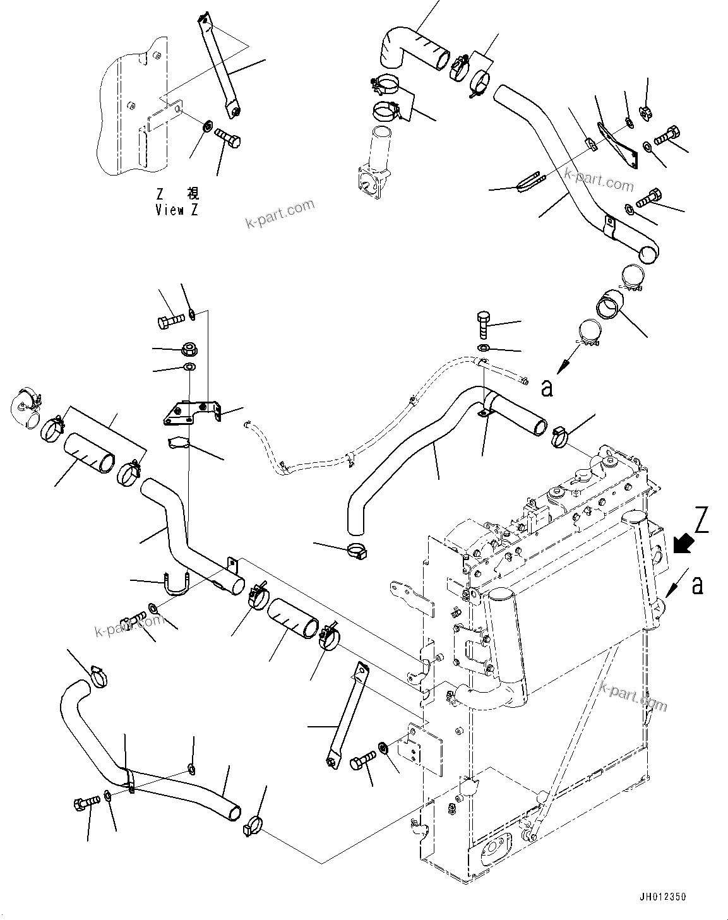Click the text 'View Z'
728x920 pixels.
[176, 210]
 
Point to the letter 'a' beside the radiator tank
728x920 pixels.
[697, 586]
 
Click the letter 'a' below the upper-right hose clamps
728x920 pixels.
[547, 387]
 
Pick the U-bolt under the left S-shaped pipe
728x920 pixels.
[177, 584]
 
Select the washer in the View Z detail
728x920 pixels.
[207, 128]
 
